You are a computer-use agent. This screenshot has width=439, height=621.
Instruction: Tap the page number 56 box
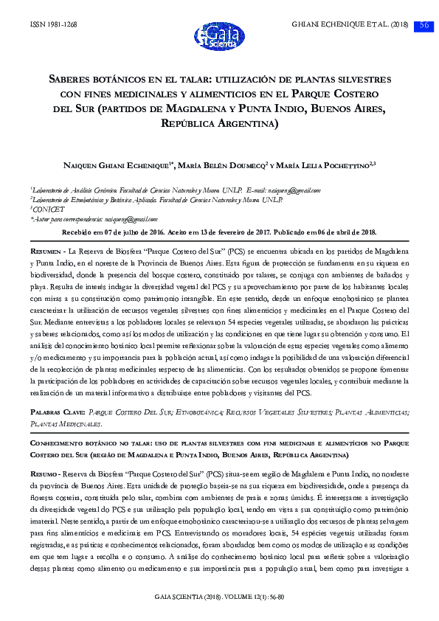(x=424, y=24)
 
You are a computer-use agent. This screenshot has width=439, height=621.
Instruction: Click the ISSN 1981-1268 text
(x=53, y=24)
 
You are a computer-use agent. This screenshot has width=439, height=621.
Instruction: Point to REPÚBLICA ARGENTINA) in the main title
(x=219, y=124)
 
